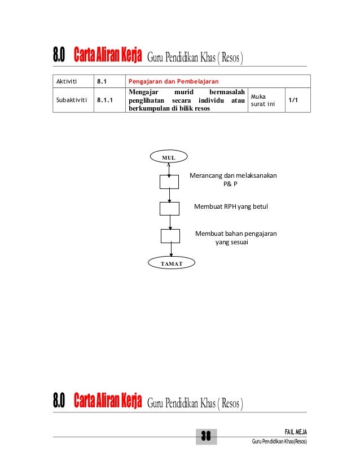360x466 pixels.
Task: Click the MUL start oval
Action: tap(170, 156)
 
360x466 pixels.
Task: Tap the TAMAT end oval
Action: tap(171, 263)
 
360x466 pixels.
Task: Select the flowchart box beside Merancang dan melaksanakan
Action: tap(170, 181)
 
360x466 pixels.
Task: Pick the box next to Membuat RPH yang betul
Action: tap(170, 208)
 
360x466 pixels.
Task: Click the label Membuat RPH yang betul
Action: tap(230, 206)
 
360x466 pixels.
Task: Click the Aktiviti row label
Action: tap(66, 81)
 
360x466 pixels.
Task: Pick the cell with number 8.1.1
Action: tap(106, 100)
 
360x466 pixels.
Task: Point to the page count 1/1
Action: tap(294, 100)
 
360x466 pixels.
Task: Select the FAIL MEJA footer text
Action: tap(292, 432)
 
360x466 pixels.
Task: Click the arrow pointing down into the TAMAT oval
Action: tap(171, 251)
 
